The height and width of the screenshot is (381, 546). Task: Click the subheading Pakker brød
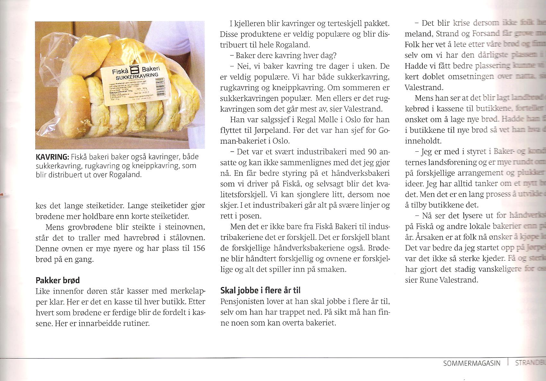tap(57, 280)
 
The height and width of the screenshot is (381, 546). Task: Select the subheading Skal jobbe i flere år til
tap(260, 291)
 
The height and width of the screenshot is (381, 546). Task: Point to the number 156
tap(197, 249)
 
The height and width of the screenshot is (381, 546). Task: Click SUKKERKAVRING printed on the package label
tap(137, 77)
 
